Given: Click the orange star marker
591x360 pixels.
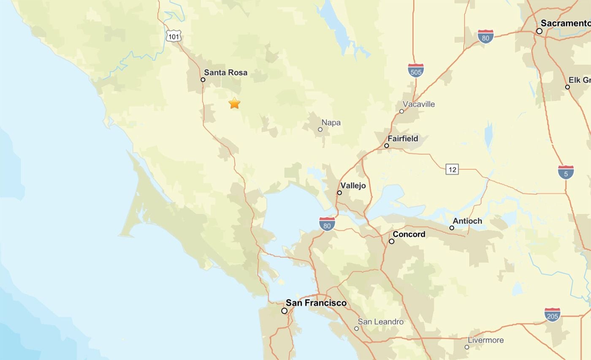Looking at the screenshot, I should pos(234,103).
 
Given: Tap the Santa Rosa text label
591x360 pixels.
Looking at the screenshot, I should pos(225,73).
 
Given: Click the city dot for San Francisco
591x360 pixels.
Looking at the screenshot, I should pos(284,311).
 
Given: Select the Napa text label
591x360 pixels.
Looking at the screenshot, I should pos(331,123).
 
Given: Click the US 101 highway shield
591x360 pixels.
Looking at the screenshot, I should pos(173,37).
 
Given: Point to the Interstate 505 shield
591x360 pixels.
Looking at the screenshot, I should pos(415,70).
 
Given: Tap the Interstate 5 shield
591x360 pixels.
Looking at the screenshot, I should pos(565,172).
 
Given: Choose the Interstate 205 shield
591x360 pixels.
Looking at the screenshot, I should pos(552,314).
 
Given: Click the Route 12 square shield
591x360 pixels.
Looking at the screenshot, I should pos(452,170).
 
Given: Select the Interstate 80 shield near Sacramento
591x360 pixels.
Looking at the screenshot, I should pos(485,37).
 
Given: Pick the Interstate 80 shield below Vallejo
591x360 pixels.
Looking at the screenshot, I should pos(327,224).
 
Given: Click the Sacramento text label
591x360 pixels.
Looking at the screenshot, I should pos(565,23).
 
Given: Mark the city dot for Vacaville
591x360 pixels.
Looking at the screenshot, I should pos(401,111).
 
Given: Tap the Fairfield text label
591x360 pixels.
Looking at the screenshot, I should pos(403,138).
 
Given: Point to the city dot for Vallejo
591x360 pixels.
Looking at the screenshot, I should pos(339,193).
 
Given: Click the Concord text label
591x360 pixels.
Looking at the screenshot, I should pos(409,234).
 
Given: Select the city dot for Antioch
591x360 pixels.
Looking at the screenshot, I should pos(452,228).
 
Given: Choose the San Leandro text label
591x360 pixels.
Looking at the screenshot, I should pos(380,322).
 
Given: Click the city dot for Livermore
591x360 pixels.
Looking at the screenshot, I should pos(466,347).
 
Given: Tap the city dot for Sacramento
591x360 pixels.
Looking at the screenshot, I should pos(539,31).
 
